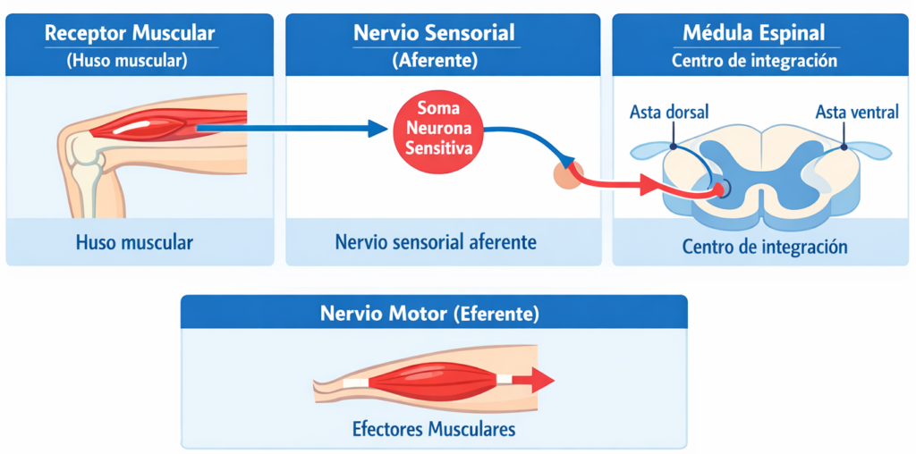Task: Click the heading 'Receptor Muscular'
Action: click(130, 34)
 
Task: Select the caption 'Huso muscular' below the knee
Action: click(135, 242)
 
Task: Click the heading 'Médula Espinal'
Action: click(754, 34)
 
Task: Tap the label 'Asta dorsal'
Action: click(669, 113)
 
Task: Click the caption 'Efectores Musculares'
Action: click(434, 429)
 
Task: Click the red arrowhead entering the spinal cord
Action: click(651, 187)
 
